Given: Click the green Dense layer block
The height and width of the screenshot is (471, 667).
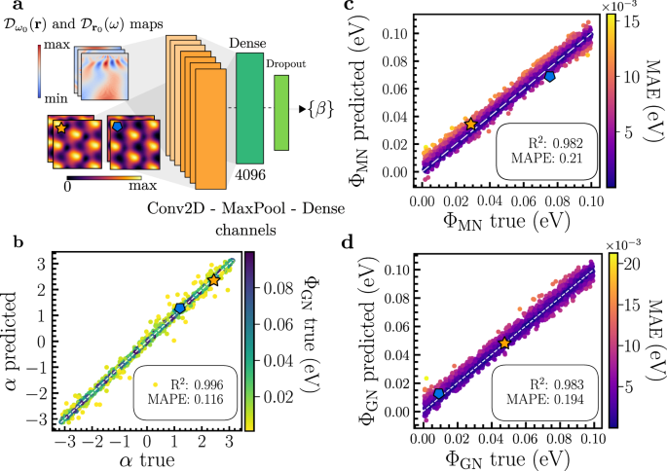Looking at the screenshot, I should point(250,106).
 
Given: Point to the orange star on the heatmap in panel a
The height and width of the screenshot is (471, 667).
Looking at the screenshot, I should point(61,127).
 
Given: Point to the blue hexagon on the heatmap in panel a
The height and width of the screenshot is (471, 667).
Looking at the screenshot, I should point(118,127).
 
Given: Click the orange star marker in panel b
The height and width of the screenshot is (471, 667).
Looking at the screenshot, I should point(214,279).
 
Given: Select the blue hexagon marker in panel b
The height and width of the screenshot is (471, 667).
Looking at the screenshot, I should point(180,308).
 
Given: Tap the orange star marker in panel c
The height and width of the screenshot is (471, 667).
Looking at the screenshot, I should point(471,125).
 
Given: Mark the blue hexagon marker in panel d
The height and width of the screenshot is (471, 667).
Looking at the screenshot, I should point(439,393).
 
